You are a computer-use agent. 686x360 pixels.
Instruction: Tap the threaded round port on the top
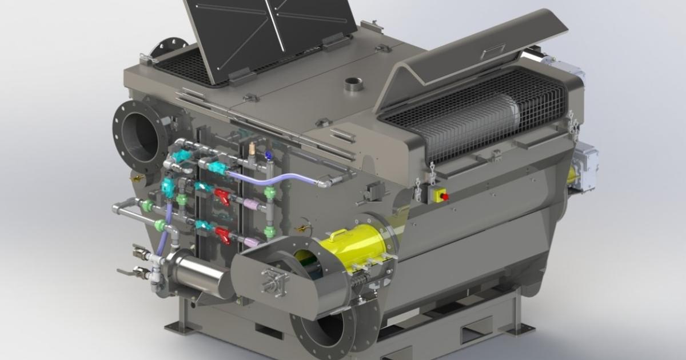353,86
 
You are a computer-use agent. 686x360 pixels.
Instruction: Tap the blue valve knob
268,155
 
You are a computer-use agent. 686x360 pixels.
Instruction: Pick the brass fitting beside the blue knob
252,150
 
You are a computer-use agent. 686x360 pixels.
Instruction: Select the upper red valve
222,197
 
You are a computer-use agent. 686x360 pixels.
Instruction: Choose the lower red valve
222,235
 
